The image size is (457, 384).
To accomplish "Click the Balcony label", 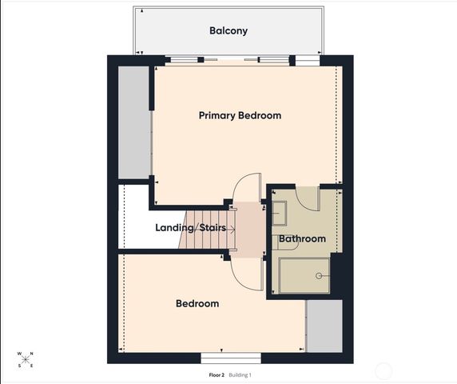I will [228, 31].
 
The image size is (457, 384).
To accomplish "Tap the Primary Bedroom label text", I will [240, 115].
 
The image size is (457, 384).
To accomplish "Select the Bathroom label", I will [302, 238].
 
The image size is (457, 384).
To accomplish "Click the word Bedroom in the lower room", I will [197, 303].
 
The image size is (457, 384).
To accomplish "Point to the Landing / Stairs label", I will [196, 228].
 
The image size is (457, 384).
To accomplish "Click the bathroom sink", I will [280, 213].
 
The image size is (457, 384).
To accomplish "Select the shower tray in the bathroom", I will [304, 275].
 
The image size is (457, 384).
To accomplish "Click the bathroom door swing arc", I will [306, 197].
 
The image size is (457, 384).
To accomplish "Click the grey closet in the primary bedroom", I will [134, 122].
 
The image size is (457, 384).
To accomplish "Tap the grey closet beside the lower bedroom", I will [324, 326].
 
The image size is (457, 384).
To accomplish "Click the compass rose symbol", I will [26, 359].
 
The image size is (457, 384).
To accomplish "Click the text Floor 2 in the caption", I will [216, 374].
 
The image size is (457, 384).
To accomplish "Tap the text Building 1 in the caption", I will [240, 374].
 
